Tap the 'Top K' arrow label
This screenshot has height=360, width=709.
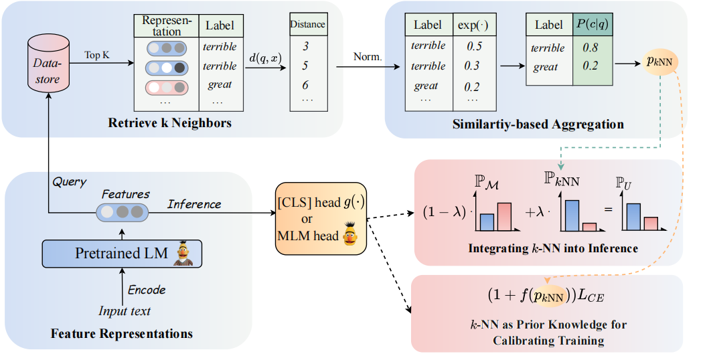point(96,55)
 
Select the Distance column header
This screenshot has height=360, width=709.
point(307,25)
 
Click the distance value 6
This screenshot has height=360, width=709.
point(307,85)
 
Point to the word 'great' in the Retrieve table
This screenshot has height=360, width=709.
point(220,85)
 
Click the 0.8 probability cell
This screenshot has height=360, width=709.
point(590,48)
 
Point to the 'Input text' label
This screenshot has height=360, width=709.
point(125,310)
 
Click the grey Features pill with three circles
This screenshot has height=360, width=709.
point(121,213)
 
